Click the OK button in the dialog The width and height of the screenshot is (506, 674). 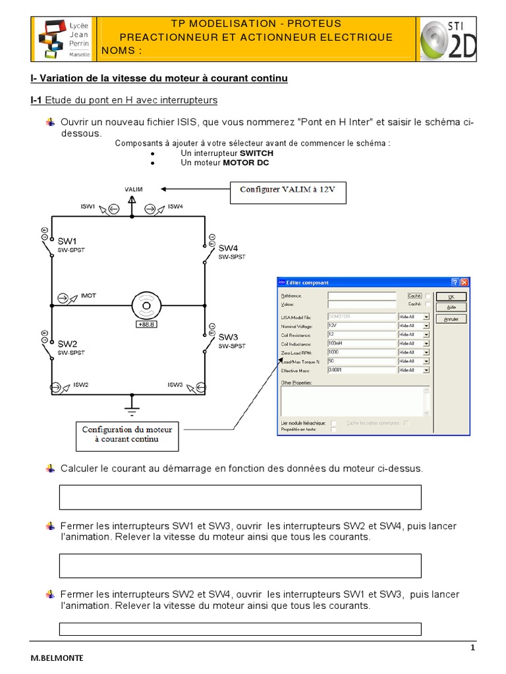(451, 297)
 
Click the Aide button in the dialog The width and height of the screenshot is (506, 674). (451, 307)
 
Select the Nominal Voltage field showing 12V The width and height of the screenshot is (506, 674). (361, 325)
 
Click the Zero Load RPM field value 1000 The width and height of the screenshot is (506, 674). (361, 352)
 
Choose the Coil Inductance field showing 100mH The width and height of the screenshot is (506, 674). (361, 343)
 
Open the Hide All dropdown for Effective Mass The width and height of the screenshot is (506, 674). (426, 371)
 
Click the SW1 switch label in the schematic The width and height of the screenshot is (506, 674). (67, 242)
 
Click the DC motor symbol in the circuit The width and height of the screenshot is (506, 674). (143, 305)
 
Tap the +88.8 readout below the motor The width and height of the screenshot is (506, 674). (143, 324)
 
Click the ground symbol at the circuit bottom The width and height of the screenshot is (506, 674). (132, 409)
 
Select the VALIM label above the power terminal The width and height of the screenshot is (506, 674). (133, 189)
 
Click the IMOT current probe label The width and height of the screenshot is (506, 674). (88, 296)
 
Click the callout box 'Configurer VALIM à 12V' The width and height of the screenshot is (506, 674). (288, 194)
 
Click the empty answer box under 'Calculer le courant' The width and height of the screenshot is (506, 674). (240, 497)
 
